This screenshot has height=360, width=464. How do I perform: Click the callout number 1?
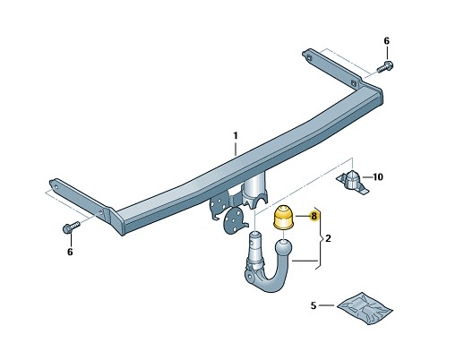click(236, 136)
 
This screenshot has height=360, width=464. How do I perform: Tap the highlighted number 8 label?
click(314, 216)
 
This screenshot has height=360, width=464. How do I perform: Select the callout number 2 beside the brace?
click(328, 238)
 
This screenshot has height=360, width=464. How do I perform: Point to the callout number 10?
click(378, 176)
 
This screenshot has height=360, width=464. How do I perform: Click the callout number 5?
click(313, 305)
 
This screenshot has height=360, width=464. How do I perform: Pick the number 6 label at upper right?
click(387, 41)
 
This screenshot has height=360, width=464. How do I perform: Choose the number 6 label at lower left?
click(70, 252)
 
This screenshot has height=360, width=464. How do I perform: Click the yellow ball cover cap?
click(283, 218)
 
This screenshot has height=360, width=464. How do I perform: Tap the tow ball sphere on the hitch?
click(284, 248)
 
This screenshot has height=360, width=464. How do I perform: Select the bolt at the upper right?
click(385, 67)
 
